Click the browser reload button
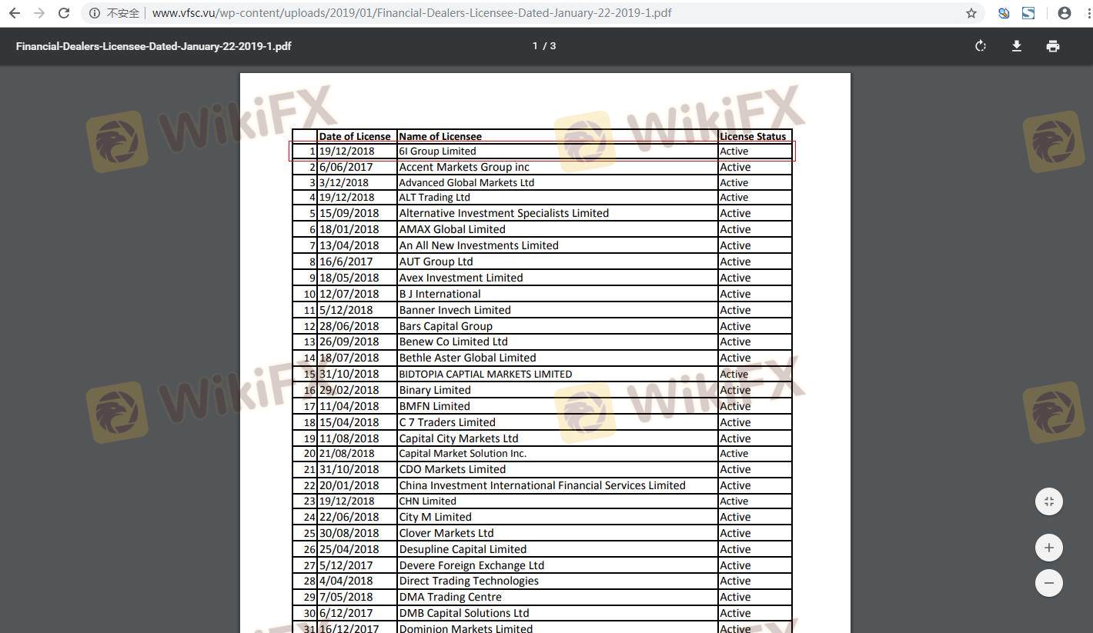64,13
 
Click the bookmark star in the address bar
971,13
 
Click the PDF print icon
1052,46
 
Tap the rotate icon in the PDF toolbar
980,46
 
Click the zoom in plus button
1048,548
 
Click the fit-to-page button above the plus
1048,501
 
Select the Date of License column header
355,136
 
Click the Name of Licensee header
440,136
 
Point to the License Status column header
753,136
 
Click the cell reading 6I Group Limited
437,152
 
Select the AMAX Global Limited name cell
452,229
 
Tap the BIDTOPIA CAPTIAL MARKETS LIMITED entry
485,375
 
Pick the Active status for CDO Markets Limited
735,469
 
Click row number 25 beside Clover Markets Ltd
309,533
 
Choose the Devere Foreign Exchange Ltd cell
471,565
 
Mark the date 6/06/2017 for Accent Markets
346,167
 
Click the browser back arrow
14,13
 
